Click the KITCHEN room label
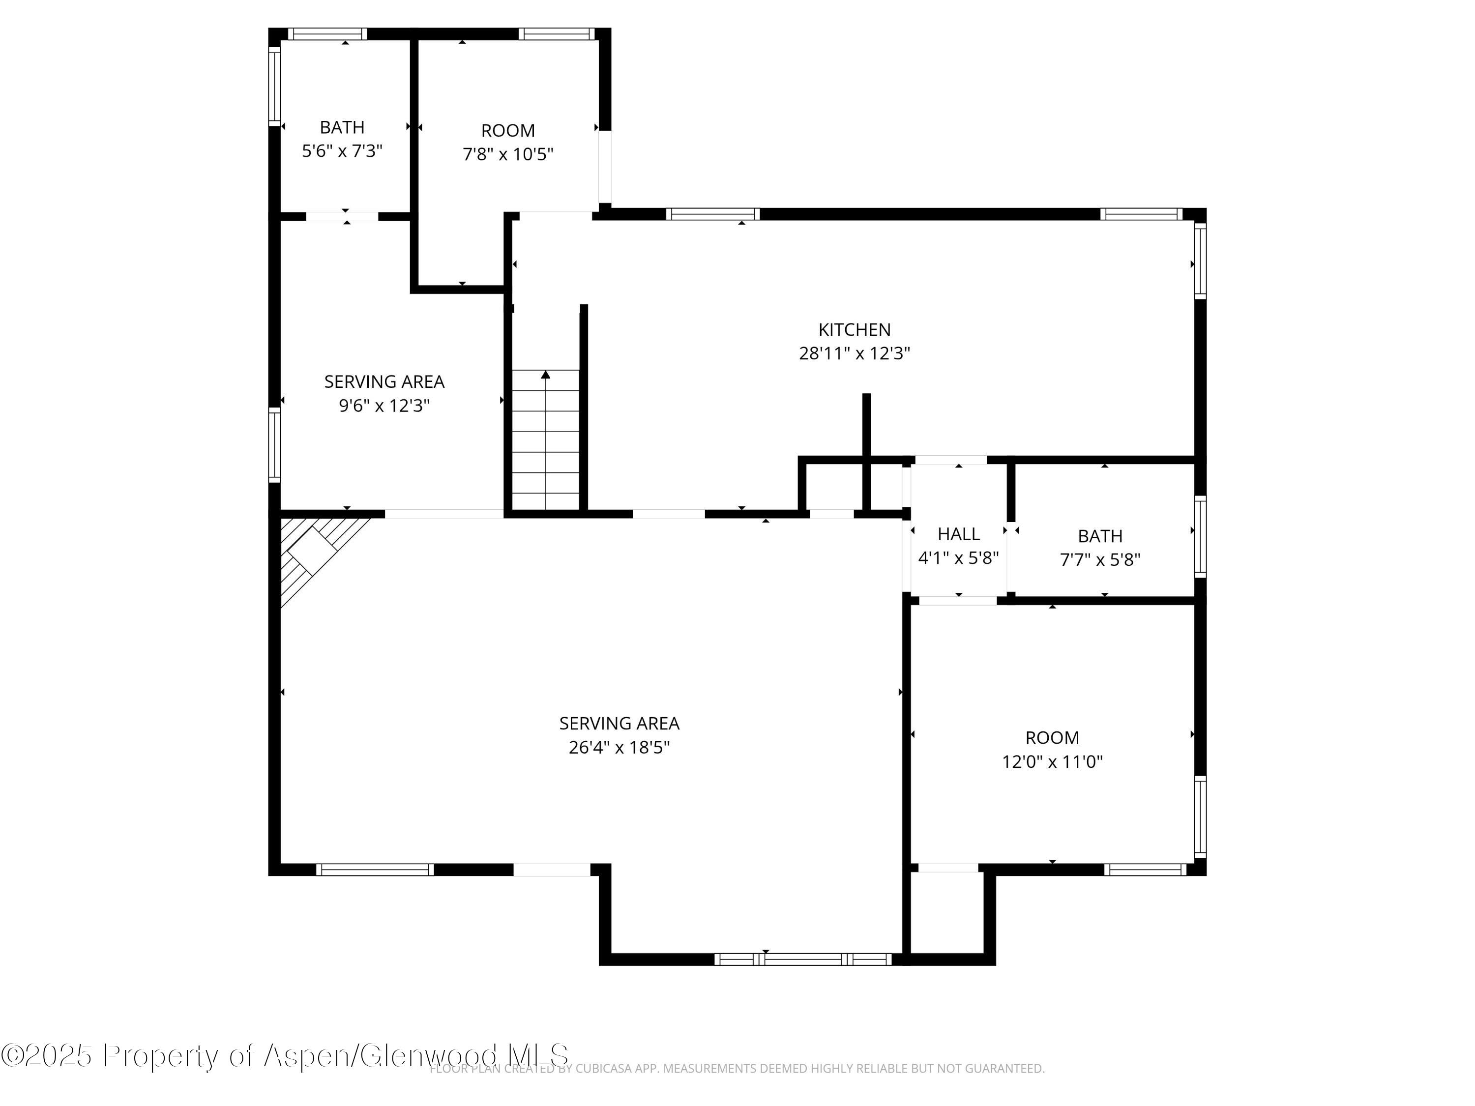point(854,329)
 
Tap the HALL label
point(958,534)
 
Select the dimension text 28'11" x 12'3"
point(854,353)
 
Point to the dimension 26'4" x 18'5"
point(619,747)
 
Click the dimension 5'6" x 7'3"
point(342,151)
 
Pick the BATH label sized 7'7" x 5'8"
point(1099,536)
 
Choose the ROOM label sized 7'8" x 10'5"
point(507,131)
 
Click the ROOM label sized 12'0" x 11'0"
point(1052,738)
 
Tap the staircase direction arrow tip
point(545,375)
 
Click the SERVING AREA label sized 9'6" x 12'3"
point(384,382)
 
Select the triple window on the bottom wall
point(803,960)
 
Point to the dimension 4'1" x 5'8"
point(958,558)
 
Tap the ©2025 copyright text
point(47,1055)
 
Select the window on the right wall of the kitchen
point(1200,261)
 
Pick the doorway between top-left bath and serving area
point(342,216)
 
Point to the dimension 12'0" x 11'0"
point(1052,761)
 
